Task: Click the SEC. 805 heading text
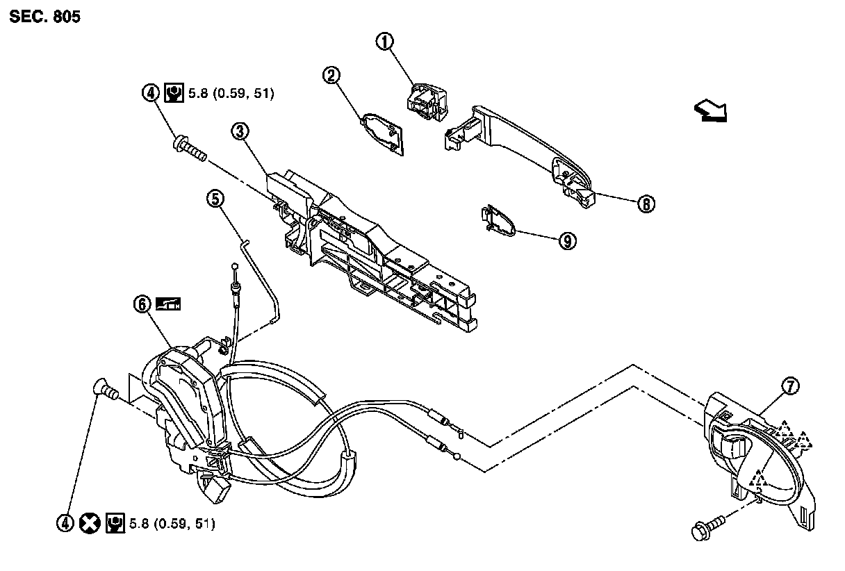[x=45, y=17]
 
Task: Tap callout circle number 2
[x=332, y=76]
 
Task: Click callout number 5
[x=215, y=199]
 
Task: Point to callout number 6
[x=142, y=304]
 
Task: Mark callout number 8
[x=646, y=204]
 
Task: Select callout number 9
[x=567, y=241]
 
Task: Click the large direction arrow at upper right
[x=709, y=110]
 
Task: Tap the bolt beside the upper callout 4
[x=189, y=149]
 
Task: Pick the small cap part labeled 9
[x=500, y=219]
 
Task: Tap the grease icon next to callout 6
[x=167, y=304]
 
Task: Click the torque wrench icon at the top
[x=173, y=92]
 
